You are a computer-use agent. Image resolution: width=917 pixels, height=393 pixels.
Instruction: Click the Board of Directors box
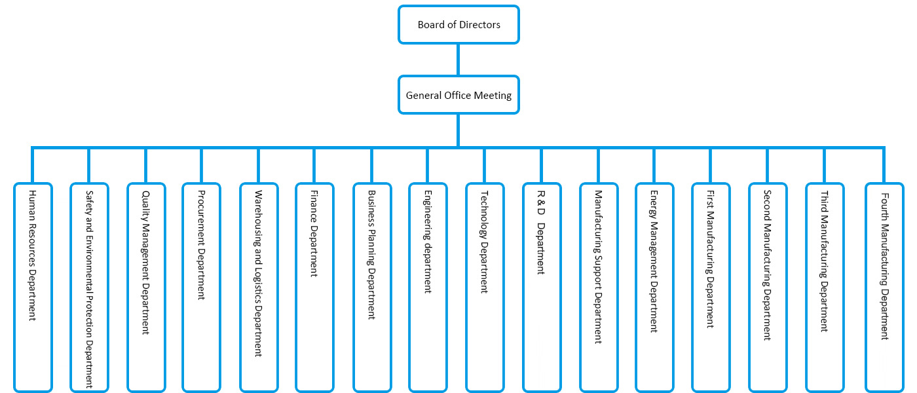coord(458,25)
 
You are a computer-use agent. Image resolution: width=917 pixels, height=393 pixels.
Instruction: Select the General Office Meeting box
coord(458,96)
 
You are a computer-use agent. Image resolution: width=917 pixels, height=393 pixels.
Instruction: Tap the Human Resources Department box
coord(33,287)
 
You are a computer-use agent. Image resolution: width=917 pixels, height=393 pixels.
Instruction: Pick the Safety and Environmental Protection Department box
coord(89,287)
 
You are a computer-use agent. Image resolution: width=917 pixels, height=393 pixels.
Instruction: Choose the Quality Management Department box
coord(146,287)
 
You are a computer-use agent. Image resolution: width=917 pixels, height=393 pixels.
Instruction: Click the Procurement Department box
coord(202,287)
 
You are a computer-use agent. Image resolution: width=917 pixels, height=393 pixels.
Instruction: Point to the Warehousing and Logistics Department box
coord(258,287)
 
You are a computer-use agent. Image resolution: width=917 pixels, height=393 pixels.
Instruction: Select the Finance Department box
coord(314,287)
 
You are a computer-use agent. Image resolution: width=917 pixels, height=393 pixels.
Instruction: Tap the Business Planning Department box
coord(371,287)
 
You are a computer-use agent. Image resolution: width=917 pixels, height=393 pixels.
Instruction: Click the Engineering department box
coord(428,287)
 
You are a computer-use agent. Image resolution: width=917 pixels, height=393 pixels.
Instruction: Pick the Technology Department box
coord(485,287)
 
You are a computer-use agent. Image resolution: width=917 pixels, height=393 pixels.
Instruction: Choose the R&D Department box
coord(542,287)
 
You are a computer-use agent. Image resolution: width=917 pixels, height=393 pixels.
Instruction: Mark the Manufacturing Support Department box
coord(598,287)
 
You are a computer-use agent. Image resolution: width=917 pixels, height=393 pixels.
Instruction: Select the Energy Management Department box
coord(654,287)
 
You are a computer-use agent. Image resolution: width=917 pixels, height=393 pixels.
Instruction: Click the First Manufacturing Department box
coord(710,287)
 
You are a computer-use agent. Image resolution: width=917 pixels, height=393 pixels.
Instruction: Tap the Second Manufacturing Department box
coord(767,287)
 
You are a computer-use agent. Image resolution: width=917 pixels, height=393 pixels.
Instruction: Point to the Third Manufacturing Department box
coord(825,287)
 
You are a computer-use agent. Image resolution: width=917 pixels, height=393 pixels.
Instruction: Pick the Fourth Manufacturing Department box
coord(884,287)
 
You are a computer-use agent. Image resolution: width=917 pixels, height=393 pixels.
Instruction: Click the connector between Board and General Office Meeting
coord(458,60)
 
